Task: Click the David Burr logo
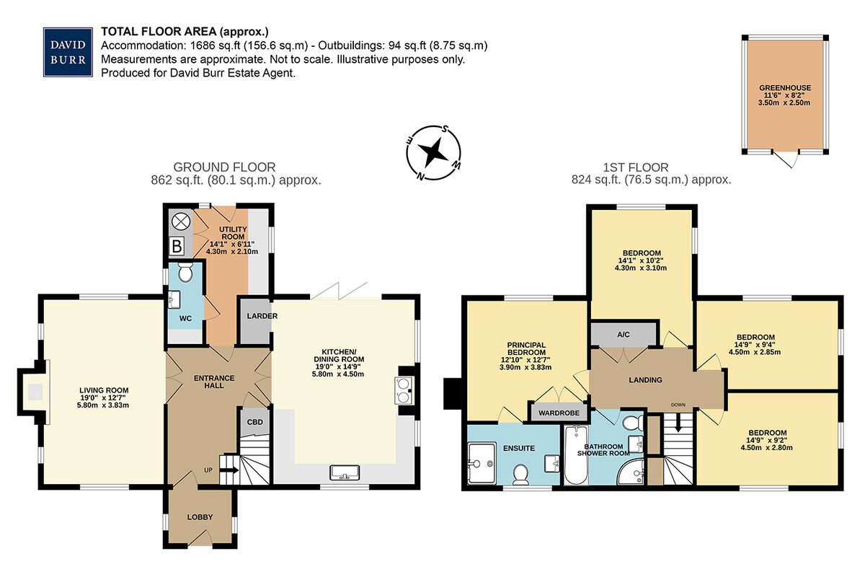(x=68, y=52)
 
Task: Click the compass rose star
(x=433, y=153)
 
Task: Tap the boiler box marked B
(x=177, y=246)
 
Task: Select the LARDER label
(x=262, y=316)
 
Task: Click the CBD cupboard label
(x=255, y=422)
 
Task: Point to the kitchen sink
(x=345, y=472)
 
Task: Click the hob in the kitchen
(x=404, y=390)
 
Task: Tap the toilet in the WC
(x=186, y=272)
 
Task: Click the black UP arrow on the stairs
(x=229, y=471)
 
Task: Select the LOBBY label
(x=200, y=517)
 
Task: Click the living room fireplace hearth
(x=35, y=392)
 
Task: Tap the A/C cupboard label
(x=624, y=335)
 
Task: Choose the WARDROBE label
(x=559, y=413)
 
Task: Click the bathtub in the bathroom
(x=576, y=455)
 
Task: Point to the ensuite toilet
(x=520, y=474)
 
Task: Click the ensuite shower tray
(x=482, y=463)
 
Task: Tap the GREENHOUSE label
(x=784, y=88)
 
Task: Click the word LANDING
(x=645, y=380)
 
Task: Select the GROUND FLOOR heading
(x=224, y=167)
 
